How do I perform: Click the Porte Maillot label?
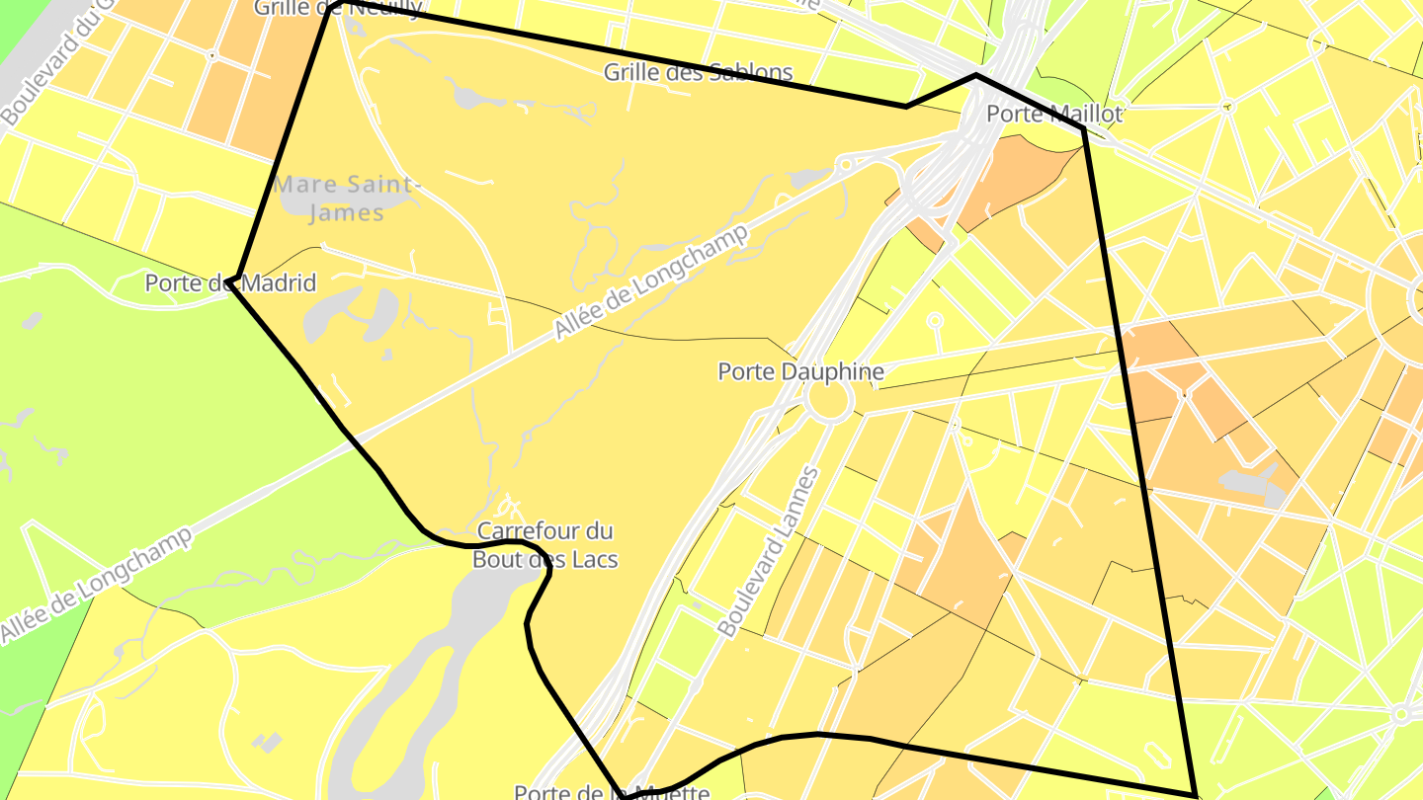(x=1054, y=114)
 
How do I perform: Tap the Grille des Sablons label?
(x=698, y=72)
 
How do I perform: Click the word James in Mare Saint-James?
(x=345, y=211)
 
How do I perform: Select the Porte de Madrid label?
(x=230, y=283)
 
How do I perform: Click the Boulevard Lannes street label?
(x=768, y=551)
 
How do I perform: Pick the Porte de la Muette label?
(x=612, y=791)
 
